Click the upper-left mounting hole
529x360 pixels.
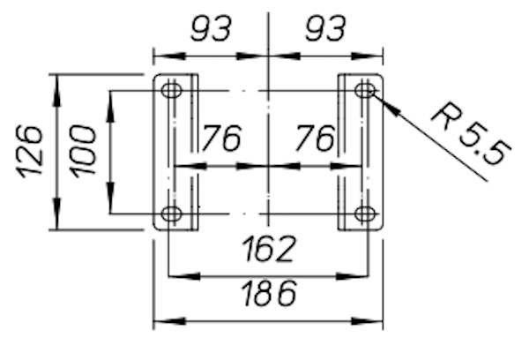coord(171,90)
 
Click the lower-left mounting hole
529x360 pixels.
coord(171,214)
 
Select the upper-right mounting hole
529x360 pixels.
coord(365,90)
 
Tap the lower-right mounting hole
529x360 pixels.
coord(365,214)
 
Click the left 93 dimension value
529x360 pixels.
coord(212,29)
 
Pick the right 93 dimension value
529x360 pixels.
coord(325,29)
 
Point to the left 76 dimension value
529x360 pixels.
coord(221,138)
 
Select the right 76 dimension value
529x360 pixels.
coord(316,138)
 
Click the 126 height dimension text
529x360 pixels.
coord(30,151)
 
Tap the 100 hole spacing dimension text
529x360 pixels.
coord(84,151)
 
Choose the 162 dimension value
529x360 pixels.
coord(269,249)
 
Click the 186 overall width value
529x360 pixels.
coord(269,293)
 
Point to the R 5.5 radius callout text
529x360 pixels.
coord(471,134)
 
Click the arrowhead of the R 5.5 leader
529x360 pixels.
coord(385,102)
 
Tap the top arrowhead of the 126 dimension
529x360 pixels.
coord(56,91)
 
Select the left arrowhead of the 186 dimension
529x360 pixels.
coord(169,321)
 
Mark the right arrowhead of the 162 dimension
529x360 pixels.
coord(352,276)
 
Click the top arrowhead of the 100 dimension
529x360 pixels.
coord(111,107)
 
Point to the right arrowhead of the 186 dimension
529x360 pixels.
coord(367,321)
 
